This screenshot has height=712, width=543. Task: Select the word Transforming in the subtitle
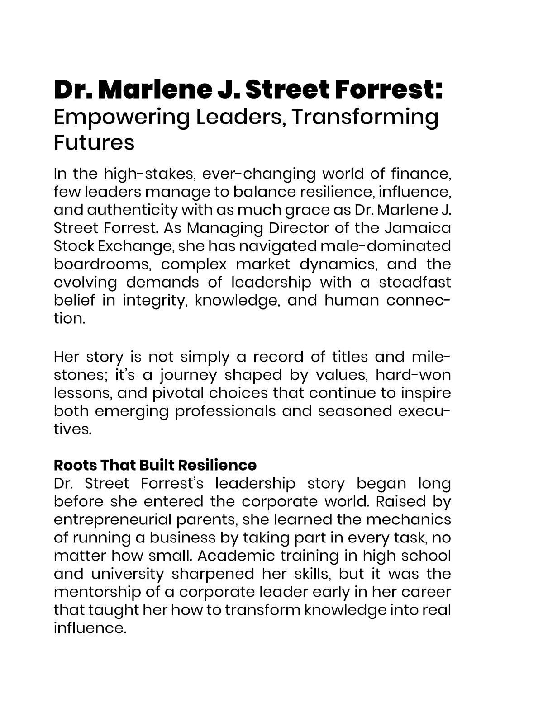point(364,117)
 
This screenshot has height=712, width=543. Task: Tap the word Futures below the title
point(94,142)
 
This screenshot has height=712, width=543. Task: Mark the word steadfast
point(414,282)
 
